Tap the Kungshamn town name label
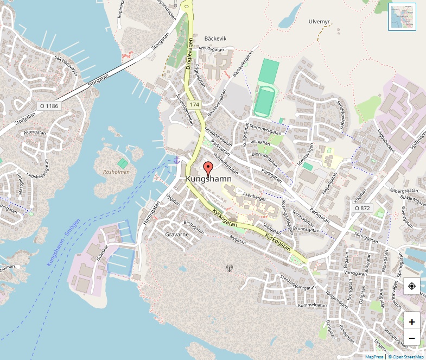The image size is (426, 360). [x=208, y=179]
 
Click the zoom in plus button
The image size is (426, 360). [x=412, y=321]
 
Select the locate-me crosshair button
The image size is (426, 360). [x=412, y=286]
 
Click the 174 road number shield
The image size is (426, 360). [x=195, y=103]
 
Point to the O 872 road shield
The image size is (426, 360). [x=362, y=208]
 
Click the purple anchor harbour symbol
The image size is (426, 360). [x=177, y=160]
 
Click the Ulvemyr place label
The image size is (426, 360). [x=320, y=22]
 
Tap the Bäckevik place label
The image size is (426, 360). [x=215, y=39]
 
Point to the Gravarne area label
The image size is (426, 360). [x=176, y=235]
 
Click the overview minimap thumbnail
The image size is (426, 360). [x=402, y=17]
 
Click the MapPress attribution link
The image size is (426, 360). [x=374, y=357]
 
